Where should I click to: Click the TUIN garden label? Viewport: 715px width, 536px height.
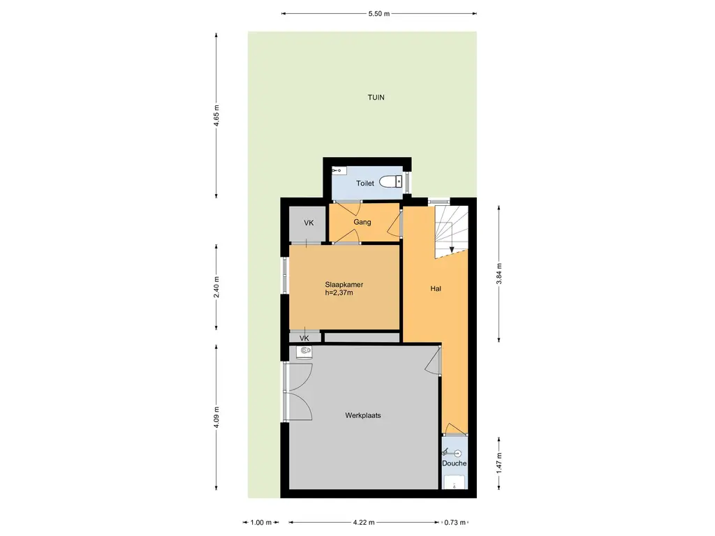(376, 97)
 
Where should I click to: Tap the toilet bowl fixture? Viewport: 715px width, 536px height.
(391, 181)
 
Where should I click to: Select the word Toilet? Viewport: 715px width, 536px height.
(364, 184)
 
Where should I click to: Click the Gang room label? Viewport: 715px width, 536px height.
(362, 222)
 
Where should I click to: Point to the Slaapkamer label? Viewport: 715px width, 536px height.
(344, 285)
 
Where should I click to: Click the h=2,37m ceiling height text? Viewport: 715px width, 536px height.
(339, 292)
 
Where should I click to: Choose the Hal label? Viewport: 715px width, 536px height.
(436, 288)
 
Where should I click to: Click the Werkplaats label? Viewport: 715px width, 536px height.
(363, 415)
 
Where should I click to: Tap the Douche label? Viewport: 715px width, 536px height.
(454, 463)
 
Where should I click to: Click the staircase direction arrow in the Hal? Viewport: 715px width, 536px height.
(452, 238)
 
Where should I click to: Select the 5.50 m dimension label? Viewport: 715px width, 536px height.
(379, 14)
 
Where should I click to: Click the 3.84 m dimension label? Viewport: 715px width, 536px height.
(499, 274)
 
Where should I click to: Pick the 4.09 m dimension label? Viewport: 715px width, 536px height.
(216, 417)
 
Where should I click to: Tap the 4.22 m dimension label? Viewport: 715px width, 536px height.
(364, 522)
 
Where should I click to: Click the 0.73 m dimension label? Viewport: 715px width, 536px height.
(455, 522)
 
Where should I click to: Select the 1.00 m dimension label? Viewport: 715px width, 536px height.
(261, 522)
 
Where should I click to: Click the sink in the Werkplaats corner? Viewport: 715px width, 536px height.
(304, 352)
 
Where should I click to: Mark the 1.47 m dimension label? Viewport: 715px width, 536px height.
(499, 463)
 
